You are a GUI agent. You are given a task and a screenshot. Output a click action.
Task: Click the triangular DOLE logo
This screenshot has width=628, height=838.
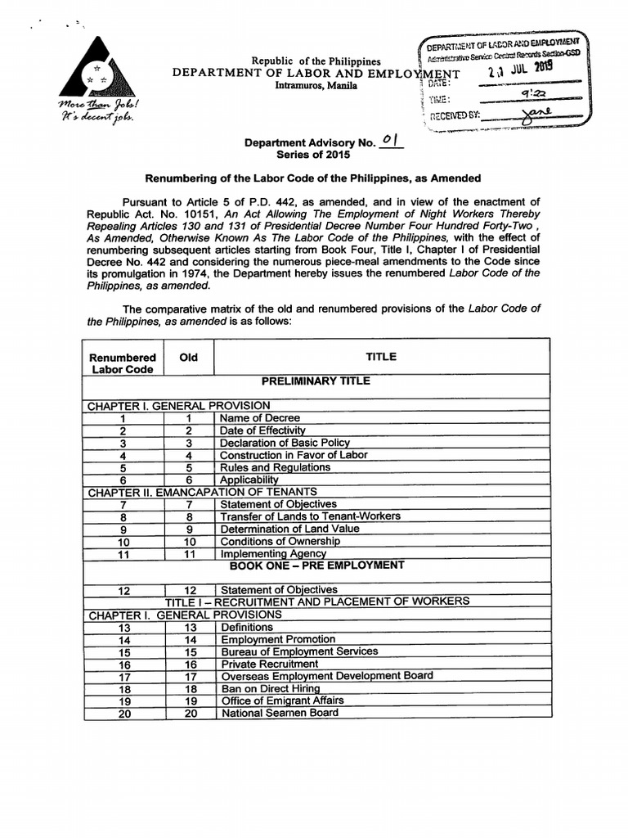(96, 72)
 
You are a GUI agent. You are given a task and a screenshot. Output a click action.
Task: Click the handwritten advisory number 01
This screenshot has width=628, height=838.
(389, 141)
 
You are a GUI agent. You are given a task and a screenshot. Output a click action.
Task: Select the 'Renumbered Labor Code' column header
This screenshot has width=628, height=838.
(122, 363)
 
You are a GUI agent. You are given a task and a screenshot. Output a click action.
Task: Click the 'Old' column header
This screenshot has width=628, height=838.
(188, 358)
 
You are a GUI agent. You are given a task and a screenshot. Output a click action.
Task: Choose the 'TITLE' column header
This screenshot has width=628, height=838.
(382, 357)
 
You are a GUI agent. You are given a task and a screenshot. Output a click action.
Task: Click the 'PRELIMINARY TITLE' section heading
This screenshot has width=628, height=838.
(316, 381)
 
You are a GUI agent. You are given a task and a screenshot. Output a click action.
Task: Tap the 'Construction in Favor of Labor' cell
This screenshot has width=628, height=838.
(294, 455)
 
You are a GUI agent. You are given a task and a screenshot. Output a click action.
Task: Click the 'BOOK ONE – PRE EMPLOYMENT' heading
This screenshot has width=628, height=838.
(316, 565)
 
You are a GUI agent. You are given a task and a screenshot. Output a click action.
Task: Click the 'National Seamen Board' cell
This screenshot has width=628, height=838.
(279, 713)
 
